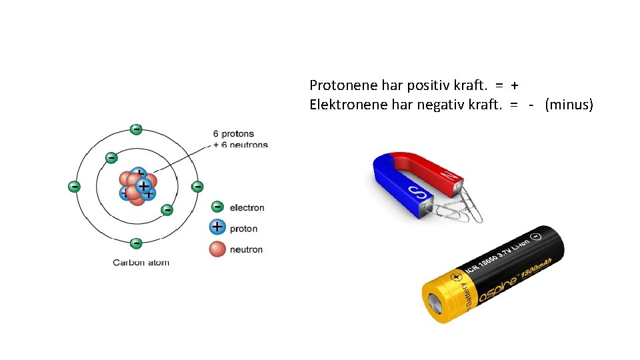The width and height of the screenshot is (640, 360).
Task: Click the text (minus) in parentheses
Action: coord(569,105)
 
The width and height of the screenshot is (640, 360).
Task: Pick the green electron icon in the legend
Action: coord(217,207)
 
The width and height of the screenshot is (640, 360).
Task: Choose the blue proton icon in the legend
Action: coord(217,227)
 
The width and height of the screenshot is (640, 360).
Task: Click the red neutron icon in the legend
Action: coord(217,249)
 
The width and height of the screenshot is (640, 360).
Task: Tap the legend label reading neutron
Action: coord(246,249)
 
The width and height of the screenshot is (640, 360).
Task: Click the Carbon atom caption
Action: coord(141,262)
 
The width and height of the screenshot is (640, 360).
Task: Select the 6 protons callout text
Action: coord(234,134)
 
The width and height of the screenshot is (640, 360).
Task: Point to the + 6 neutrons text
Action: coord(241,145)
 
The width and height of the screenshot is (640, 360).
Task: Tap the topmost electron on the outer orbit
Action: coord(136,129)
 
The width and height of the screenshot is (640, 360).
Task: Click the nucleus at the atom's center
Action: coord(138,186)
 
